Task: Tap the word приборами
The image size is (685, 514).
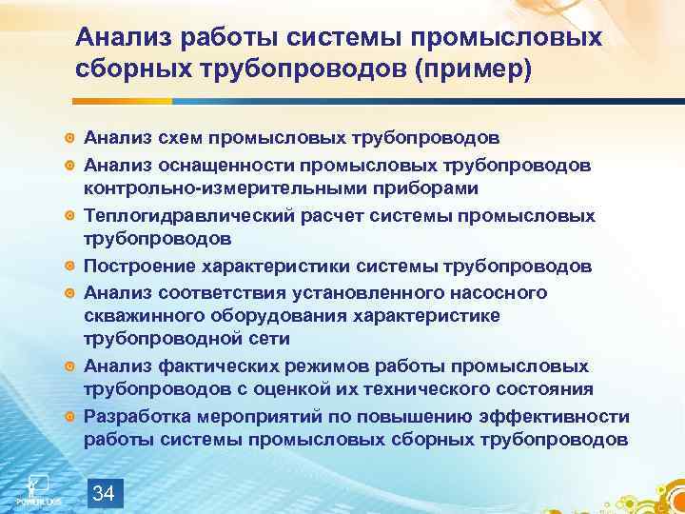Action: (x=367, y=189)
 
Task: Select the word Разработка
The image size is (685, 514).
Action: (x=133, y=415)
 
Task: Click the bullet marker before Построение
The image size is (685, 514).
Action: (x=69, y=266)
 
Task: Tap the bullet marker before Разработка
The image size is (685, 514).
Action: (x=69, y=416)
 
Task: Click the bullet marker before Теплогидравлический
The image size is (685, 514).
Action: (x=69, y=216)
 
